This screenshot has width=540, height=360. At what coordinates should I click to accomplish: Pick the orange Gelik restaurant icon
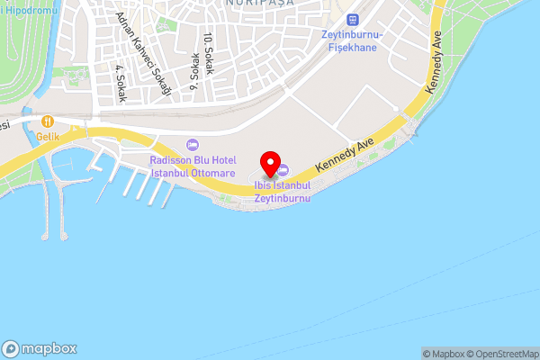click(47, 121)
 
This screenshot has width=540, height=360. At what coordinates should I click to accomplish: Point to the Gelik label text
click(47, 137)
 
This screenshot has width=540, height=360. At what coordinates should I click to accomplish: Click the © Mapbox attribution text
click(443, 354)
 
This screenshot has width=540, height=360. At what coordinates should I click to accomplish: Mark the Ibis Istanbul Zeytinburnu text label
click(282, 191)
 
